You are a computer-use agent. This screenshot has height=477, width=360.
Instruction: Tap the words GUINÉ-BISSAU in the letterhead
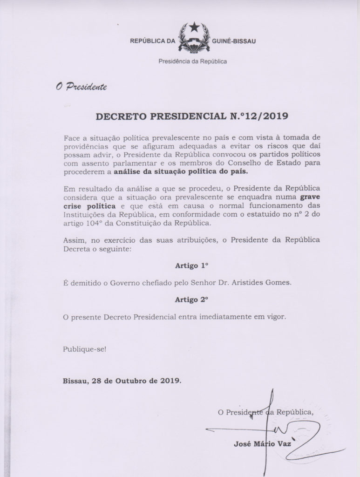(234, 41)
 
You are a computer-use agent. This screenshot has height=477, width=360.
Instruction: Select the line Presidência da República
(193, 61)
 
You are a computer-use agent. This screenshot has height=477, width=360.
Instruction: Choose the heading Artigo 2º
(191, 300)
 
